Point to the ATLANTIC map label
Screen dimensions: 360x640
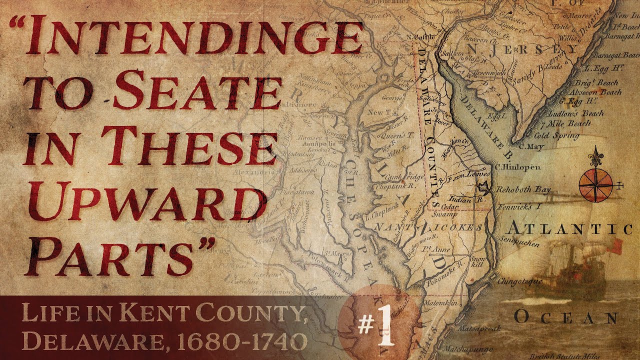(x=570, y=229)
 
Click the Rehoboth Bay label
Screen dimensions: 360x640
(x=522, y=190)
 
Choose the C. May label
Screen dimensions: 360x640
(x=531, y=147)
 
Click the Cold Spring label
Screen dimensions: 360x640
(x=557, y=135)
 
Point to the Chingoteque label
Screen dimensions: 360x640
(x=519, y=281)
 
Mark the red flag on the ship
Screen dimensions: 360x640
(x=615, y=244)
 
